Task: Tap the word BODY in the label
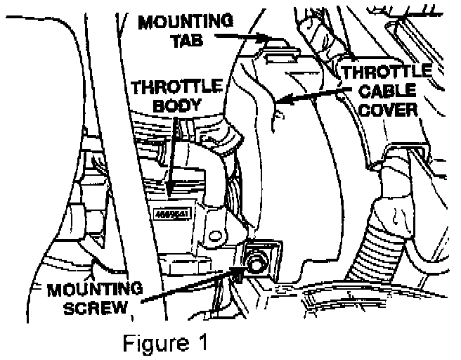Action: point(164,105)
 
